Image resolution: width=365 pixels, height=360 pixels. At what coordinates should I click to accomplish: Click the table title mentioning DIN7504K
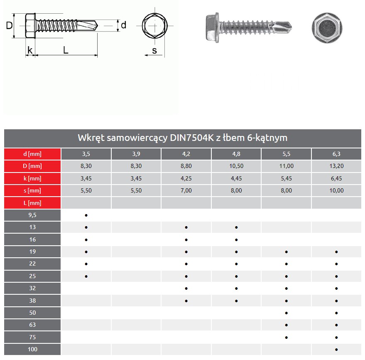pos(182,138)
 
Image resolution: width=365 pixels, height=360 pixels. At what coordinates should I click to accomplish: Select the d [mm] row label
pos(32,154)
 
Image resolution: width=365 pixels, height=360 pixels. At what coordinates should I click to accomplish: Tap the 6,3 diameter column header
pos(336,154)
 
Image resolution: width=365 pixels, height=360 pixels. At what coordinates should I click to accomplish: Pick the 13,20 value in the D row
pos(336,166)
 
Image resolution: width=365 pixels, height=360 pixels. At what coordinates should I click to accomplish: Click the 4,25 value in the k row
pos(186,178)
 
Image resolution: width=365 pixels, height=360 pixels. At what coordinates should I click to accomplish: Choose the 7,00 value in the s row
pos(186,191)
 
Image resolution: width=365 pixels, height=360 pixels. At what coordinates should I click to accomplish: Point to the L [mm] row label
pos(32,203)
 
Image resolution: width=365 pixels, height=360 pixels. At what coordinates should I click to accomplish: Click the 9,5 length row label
pos(32,215)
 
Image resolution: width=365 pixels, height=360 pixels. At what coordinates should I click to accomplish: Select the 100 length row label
pos(32,350)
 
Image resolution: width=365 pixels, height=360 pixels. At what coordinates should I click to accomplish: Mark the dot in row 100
pos(336,350)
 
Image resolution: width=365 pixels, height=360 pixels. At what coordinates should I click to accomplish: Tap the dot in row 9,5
pos(86,215)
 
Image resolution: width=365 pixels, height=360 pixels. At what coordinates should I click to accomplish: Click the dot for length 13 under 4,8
pos(236,227)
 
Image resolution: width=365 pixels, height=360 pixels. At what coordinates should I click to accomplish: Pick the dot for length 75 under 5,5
pos(287,338)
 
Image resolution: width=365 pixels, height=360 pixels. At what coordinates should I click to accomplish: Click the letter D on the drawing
pos(9,26)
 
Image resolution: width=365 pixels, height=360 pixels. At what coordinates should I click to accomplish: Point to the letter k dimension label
pos(29,50)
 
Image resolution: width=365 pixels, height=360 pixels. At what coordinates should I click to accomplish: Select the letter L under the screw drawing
pos(66,50)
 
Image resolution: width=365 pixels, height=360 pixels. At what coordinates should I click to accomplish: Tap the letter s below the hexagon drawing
pos(154,51)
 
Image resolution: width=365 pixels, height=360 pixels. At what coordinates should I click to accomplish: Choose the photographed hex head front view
pos(326,27)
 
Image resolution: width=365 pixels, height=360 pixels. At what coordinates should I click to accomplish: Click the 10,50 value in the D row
pos(236,166)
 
